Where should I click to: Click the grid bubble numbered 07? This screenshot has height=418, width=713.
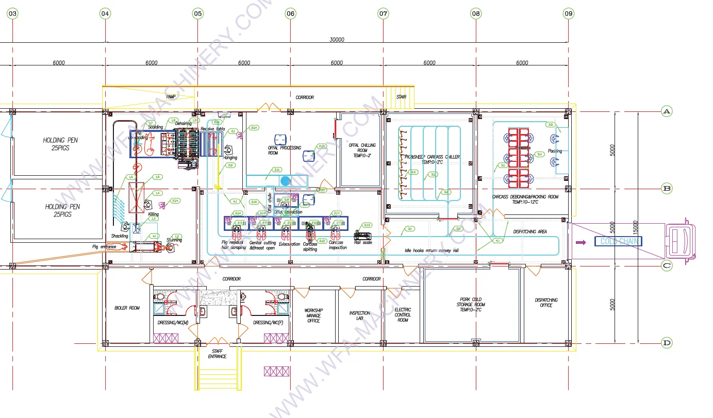(383, 14)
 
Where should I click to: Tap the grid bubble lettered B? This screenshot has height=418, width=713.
(667, 189)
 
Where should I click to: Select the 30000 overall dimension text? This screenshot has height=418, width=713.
(337, 40)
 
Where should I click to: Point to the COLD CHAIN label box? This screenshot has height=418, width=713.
(618, 241)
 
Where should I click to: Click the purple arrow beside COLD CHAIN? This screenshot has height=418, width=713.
(581, 241)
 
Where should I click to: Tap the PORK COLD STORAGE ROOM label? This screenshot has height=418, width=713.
(470, 304)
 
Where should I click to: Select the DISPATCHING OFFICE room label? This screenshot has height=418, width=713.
(546, 303)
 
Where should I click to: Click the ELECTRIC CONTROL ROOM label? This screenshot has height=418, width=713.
(403, 314)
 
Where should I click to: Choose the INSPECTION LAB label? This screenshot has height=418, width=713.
(359, 316)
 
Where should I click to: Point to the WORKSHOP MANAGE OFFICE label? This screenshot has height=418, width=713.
(313, 315)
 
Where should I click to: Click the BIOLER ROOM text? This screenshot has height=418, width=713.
(127, 308)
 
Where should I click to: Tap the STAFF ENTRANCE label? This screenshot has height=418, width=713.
(217, 354)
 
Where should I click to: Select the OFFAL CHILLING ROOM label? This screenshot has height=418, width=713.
(362, 150)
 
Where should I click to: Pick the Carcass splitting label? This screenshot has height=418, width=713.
(310, 247)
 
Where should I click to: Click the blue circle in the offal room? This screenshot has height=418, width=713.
(285, 180)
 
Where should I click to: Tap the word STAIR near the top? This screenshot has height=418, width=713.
(402, 96)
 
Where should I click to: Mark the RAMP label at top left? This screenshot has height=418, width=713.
(171, 96)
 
